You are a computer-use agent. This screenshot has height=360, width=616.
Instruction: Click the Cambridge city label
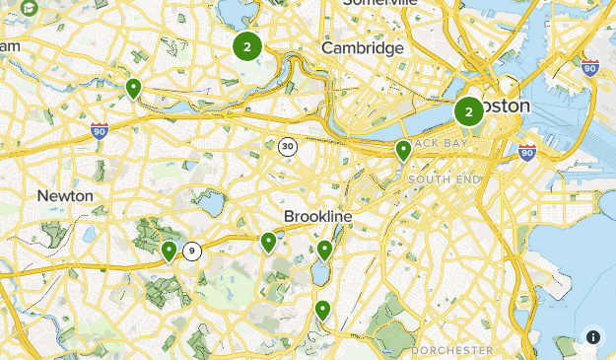[x=363, y=47]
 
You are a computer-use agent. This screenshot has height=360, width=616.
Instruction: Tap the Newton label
[x=65, y=195]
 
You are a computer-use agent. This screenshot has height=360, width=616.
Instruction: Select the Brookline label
[x=317, y=215]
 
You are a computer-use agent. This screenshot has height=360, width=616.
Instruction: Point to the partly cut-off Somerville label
[x=379, y=4]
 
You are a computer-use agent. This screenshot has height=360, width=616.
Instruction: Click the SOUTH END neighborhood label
[x=445, y=180]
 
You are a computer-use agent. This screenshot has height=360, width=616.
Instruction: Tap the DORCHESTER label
[x=452, y=350]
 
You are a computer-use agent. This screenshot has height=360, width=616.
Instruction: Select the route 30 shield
[x=287, y=146]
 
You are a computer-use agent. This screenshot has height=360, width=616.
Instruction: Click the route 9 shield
[x=191, y=251]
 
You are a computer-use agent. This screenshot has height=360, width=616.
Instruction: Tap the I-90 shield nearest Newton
[x=99, y=130]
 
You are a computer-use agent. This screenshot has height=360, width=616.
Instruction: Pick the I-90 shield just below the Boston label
[x=527, y=152]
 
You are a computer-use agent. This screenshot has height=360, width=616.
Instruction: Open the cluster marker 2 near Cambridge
[x=246, y=45]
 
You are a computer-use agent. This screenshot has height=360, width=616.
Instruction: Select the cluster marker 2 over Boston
[x=468, y=111]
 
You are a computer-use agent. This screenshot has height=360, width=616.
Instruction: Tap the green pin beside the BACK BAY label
[x=403, y=150]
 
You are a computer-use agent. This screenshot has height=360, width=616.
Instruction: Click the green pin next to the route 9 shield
[x=169, y=251]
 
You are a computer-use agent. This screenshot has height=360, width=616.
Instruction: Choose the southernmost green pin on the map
[x=322, y=310]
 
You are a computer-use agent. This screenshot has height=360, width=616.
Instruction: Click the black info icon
[x=593, y=336]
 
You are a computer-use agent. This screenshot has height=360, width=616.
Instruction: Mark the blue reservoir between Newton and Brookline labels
[x=210, y=204]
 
